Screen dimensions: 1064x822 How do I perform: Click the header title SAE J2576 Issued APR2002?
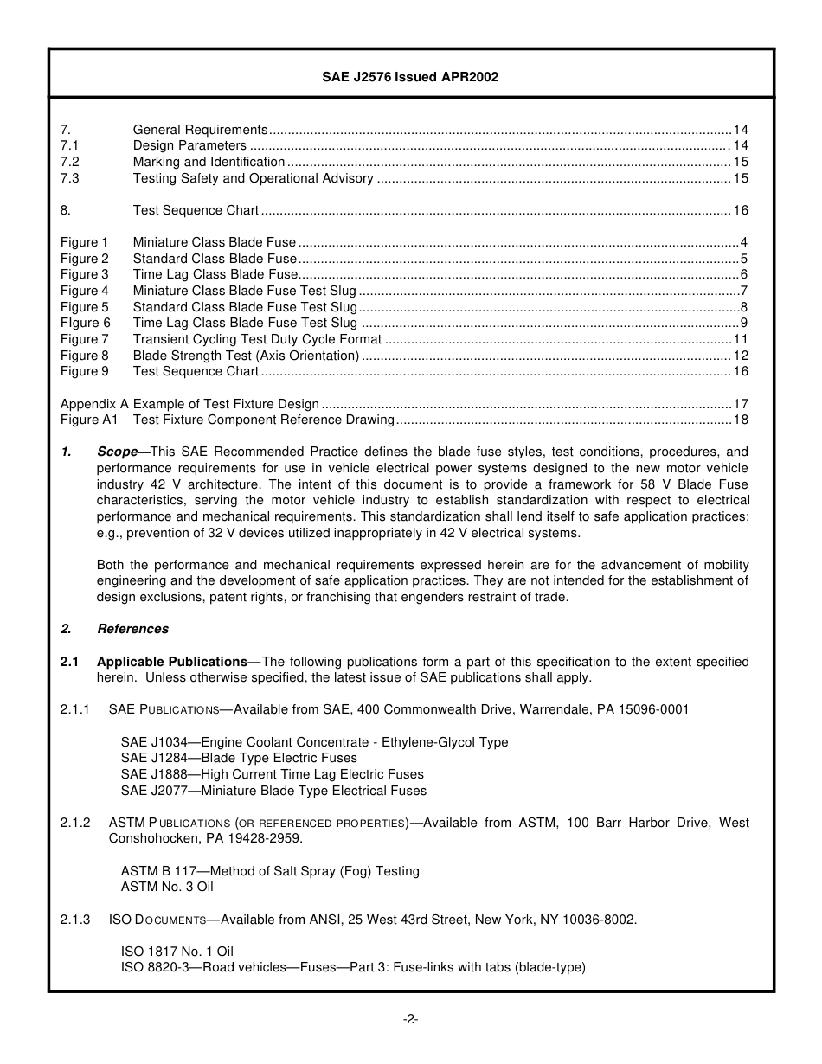pos(410,77)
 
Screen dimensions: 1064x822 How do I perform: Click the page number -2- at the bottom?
pos(410,1019)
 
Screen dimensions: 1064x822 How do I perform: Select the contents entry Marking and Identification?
pos(209,162)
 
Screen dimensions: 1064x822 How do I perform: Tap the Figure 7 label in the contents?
pos(85,339)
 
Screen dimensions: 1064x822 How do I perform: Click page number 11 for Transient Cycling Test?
pos(741,339)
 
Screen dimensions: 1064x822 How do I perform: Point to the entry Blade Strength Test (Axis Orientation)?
pos(246,356)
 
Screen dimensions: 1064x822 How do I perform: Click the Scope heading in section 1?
pos(122,452)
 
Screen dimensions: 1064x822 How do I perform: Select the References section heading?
pos(132,629)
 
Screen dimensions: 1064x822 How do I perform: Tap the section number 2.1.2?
pos(75,823)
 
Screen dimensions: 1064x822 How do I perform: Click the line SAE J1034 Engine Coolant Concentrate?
pos(314,742)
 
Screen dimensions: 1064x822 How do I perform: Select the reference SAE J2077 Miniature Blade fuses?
pos(273,791)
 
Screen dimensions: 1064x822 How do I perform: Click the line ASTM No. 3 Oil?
pos(167,887)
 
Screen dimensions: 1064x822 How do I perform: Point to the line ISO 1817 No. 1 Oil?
pos(177,952)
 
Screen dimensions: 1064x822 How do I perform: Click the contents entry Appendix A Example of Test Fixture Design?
pos(189,404)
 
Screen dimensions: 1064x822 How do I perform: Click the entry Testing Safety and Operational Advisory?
pos(253,178)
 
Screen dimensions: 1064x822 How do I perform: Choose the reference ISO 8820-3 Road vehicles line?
pos(353,967)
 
